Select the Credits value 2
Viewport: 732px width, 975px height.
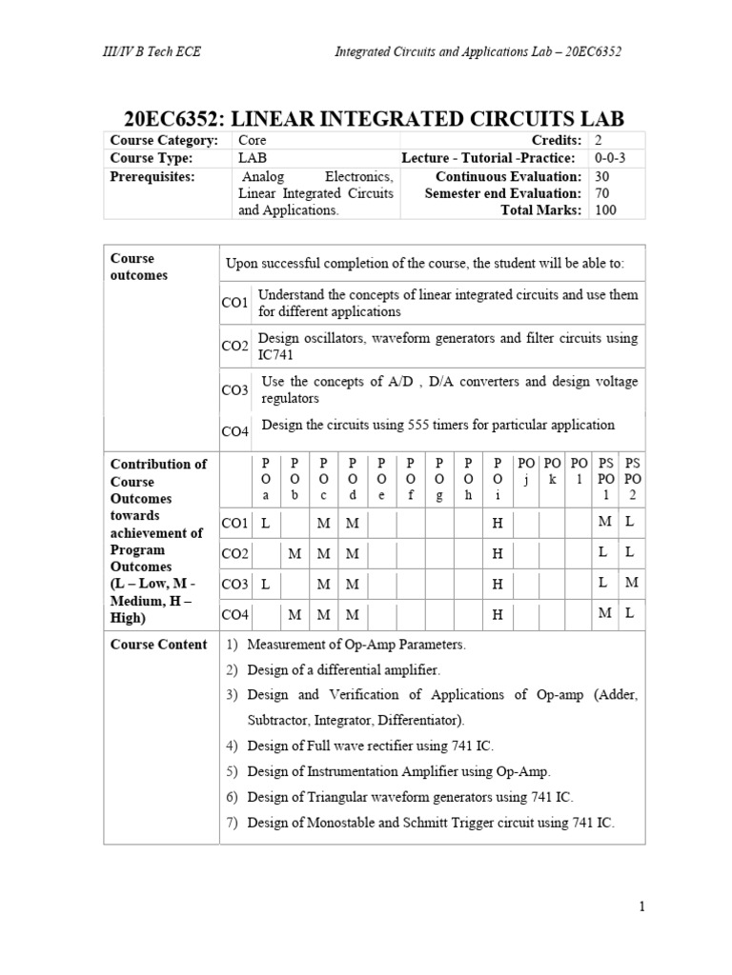598,141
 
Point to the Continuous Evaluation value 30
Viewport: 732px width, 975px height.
602,176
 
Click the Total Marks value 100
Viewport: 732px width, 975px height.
605,210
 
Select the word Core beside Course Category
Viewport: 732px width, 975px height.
253,141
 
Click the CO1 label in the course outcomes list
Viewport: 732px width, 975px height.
234,303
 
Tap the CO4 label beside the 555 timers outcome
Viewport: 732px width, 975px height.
234,431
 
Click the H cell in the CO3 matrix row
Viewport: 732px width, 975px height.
497,584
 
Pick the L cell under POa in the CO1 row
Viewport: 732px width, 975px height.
266,523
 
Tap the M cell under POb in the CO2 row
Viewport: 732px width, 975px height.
295,553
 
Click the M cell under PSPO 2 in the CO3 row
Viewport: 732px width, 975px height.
630,583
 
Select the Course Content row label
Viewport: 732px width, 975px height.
158,645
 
